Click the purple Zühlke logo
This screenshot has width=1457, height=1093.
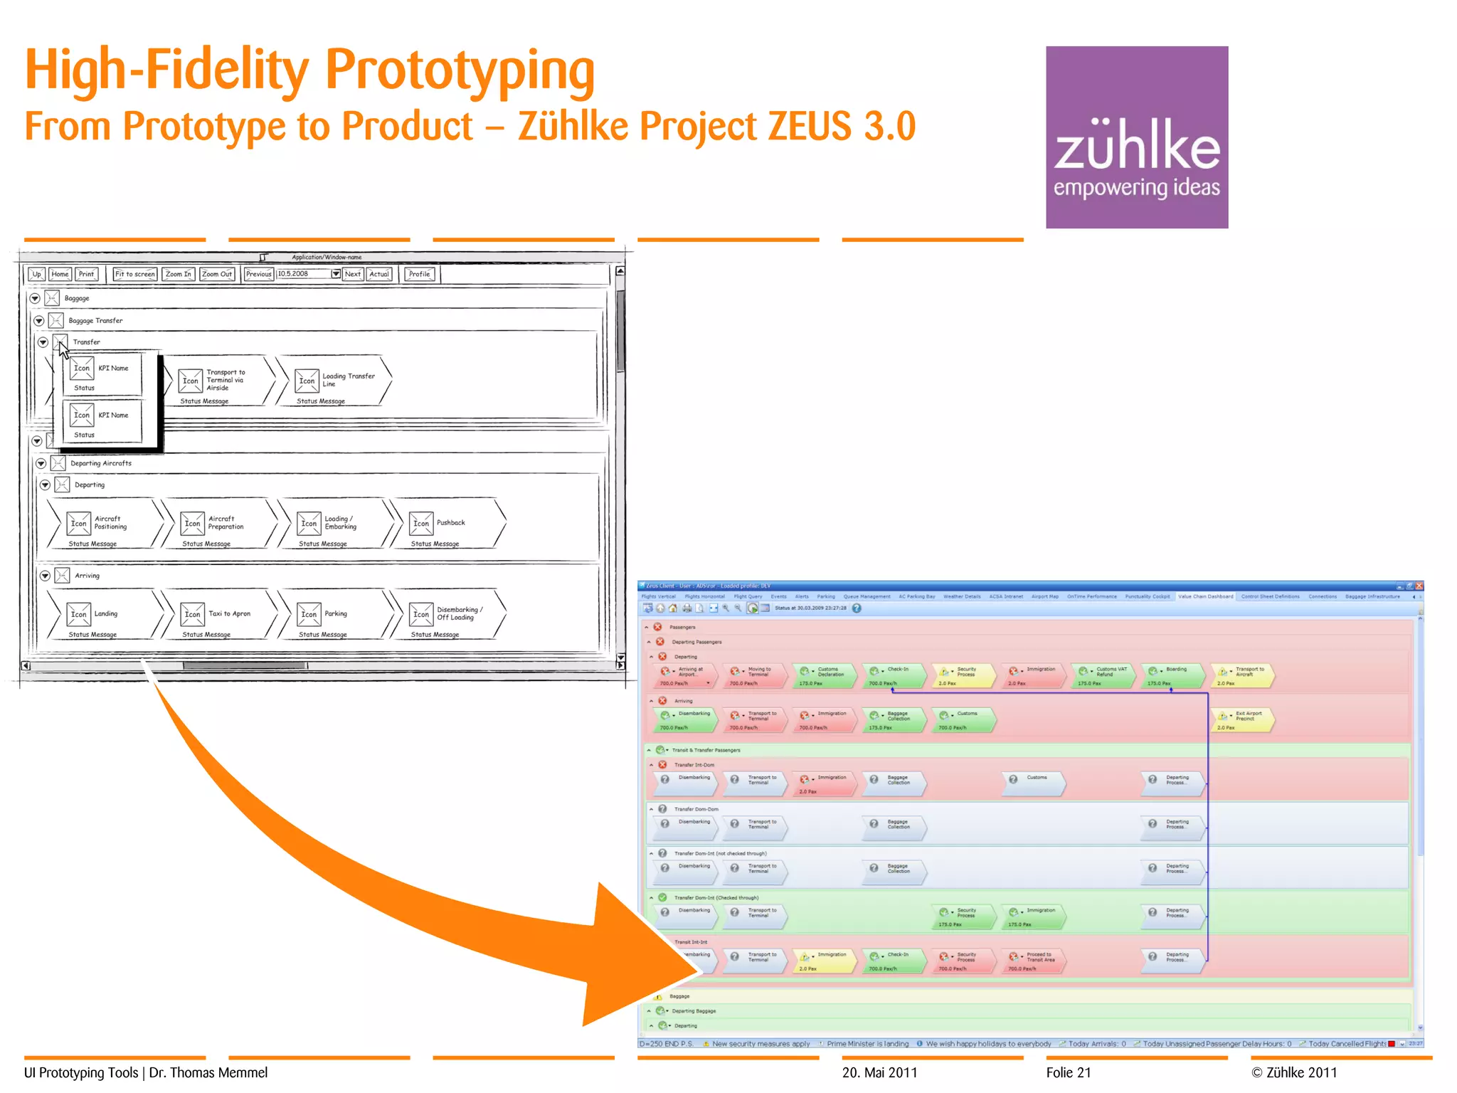(1136, 137)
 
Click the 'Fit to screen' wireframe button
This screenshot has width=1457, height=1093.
(134, 274)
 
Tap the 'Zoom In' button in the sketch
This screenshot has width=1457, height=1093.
(178, 274)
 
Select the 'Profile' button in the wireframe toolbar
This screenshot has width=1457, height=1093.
(420, 274)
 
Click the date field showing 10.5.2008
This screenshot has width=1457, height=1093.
(303, 274)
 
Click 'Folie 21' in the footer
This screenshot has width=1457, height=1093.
(1068, 1072)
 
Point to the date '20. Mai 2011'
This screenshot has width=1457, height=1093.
(879, 1072)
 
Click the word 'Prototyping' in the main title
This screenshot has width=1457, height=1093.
(460, 71)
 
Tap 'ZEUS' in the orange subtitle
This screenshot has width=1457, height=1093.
(809, 127)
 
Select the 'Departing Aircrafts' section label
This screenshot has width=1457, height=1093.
(101, 463)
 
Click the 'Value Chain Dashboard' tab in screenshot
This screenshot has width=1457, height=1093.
(1205, 596)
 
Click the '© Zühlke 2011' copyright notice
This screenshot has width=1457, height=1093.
(1294, 1072)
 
